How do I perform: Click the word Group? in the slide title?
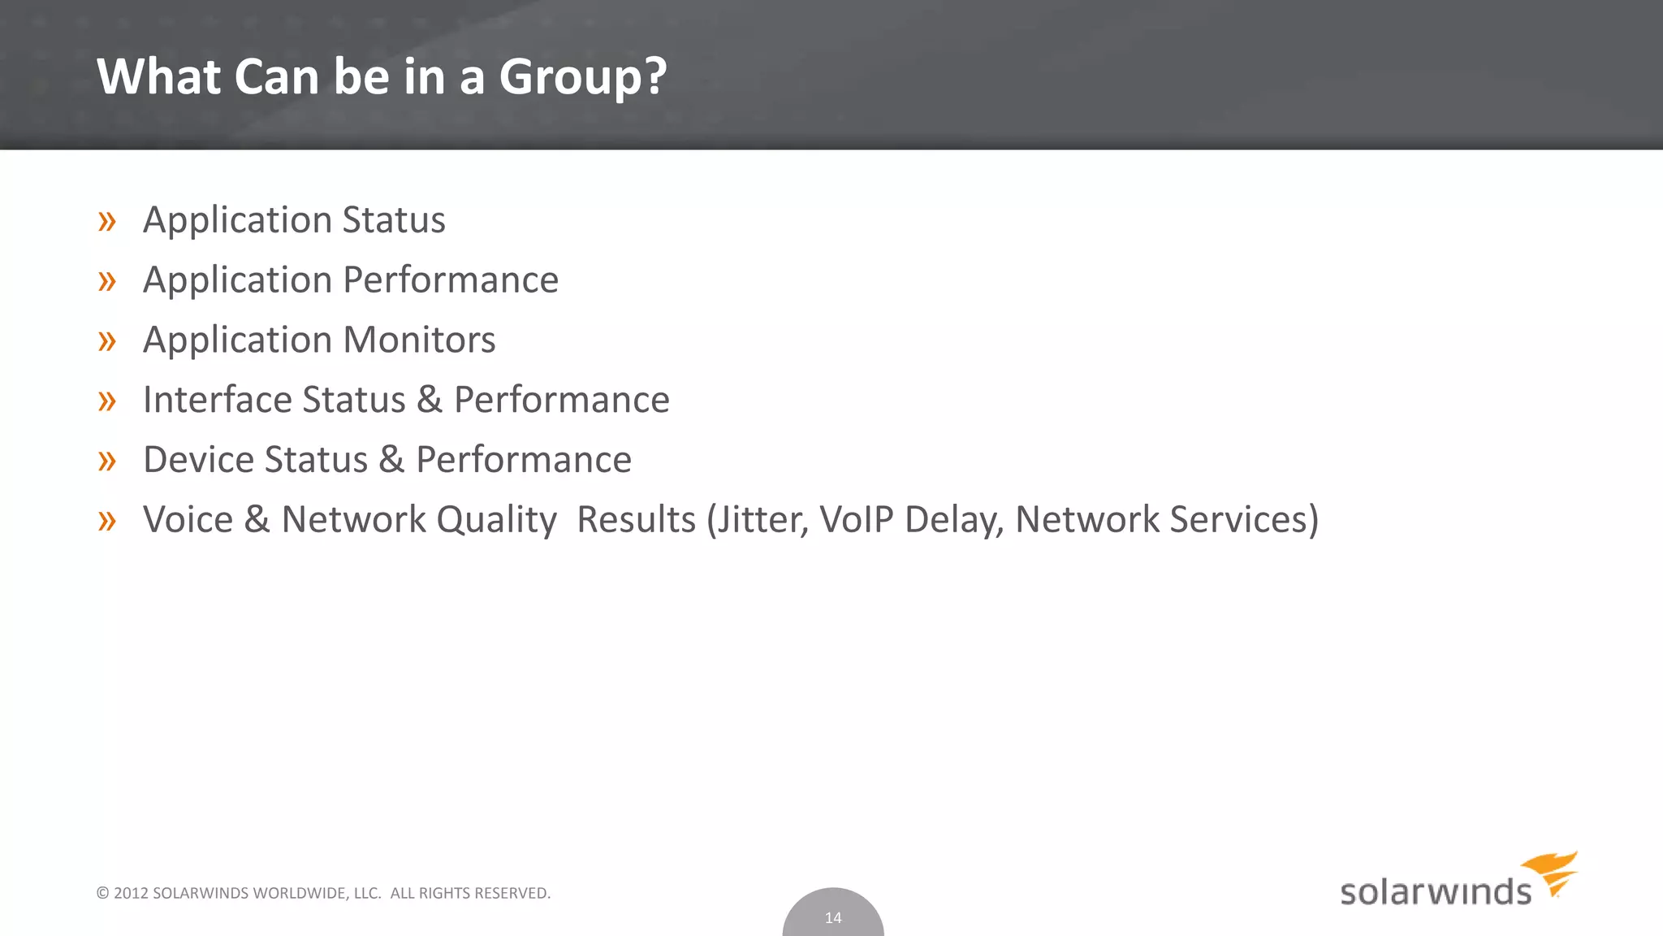582,78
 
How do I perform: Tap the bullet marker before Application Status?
107,221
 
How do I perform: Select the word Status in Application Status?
394,220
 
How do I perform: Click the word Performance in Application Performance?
451,280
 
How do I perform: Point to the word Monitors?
420,340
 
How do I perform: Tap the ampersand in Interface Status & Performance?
430,400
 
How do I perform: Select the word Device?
198,460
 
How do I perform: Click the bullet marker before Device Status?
107,461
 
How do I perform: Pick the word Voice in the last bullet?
188,520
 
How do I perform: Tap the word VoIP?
856,520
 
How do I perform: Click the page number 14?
833,918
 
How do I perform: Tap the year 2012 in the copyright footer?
131,894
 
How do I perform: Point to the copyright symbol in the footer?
102,894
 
